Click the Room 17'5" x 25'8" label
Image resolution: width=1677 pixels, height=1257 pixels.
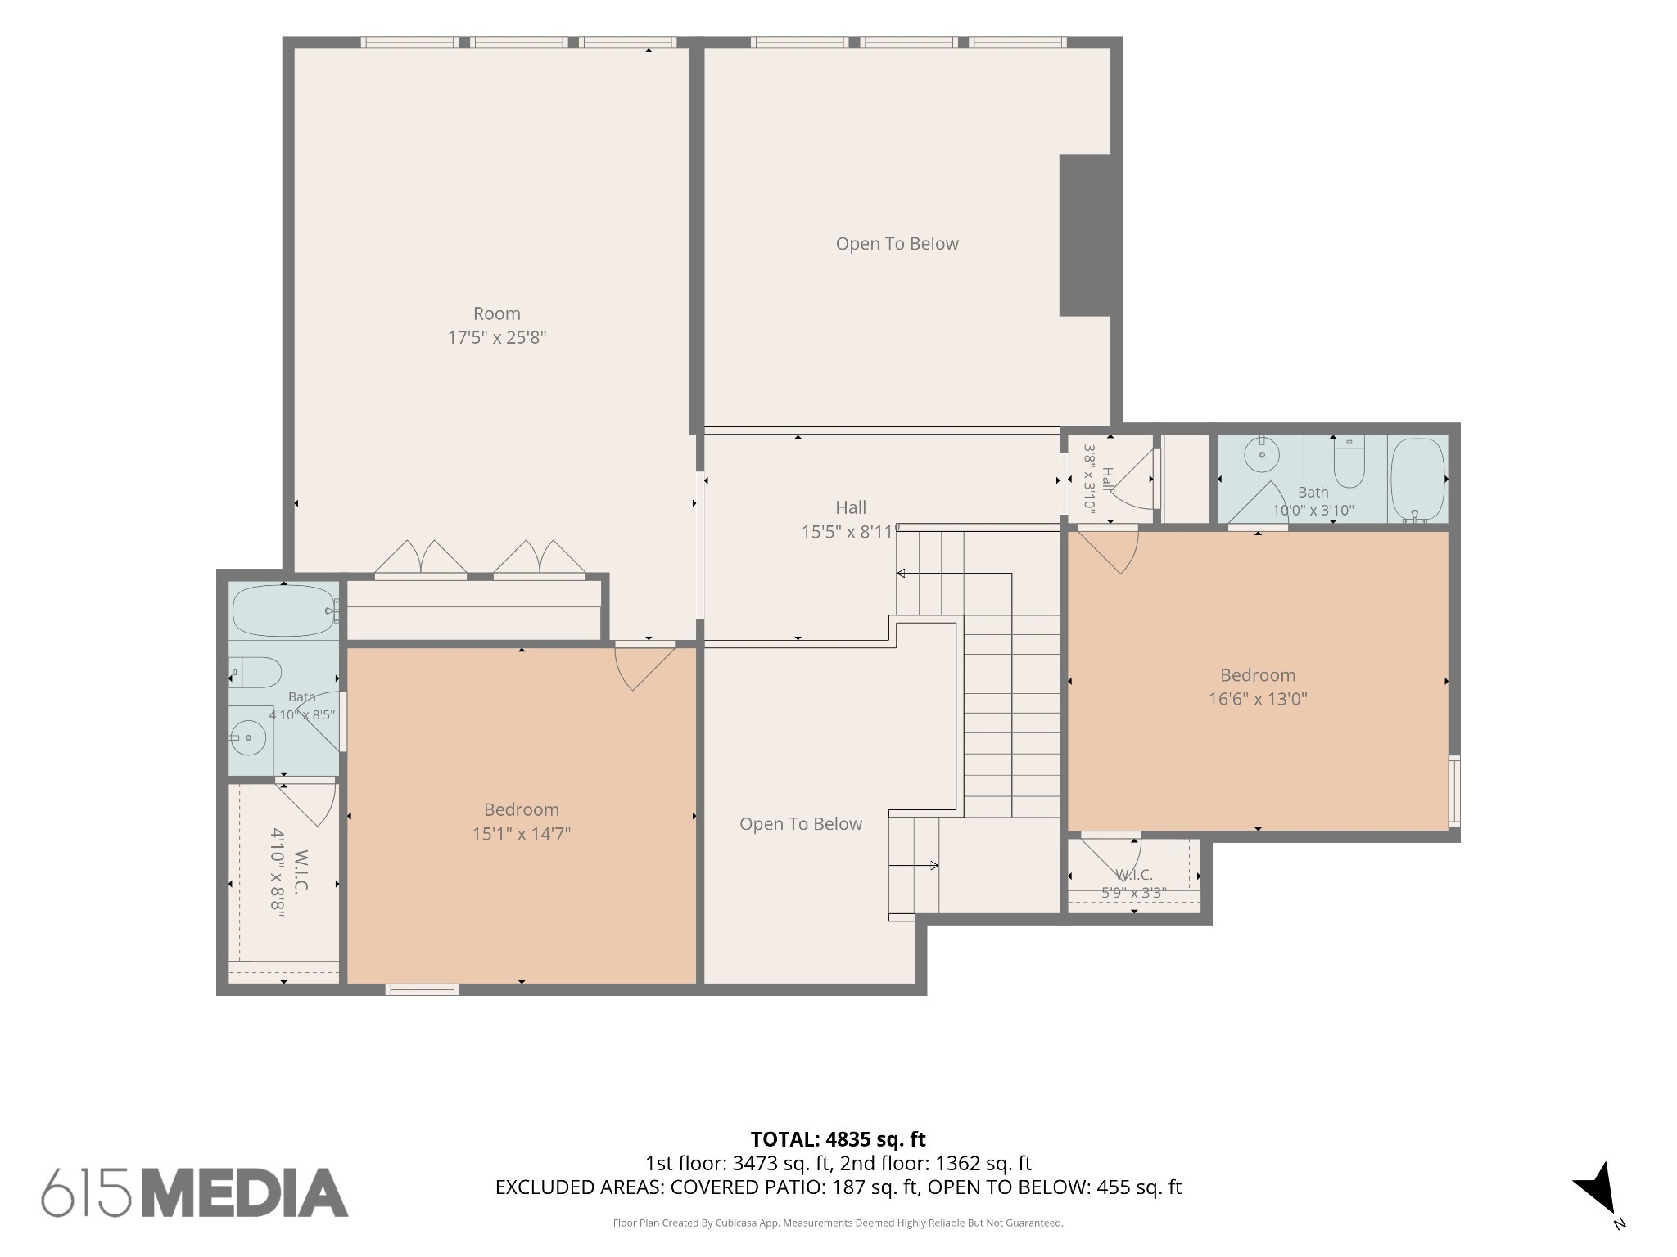pos(497,325)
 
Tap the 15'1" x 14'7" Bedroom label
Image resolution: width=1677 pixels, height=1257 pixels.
pos(522,822)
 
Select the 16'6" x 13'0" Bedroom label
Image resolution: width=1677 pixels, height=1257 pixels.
pos(1258,687)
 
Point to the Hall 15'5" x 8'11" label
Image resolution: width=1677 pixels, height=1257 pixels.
pos(850,520)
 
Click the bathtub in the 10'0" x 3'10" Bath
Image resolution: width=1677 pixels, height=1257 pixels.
pos(1417,480)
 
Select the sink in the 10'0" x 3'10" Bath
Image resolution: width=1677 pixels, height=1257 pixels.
pos(1262,455)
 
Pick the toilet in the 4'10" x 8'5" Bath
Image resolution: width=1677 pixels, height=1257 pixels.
pos(255,672)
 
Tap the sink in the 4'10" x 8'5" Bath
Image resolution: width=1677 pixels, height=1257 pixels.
pos(248,738)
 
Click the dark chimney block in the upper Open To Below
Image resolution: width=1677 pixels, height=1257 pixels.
pos(1085,235)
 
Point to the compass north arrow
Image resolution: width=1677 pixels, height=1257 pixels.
pos(1595,1188)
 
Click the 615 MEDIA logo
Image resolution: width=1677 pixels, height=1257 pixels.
pos(195,1192)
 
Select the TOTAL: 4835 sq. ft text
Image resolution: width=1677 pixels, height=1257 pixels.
pos(838,1138)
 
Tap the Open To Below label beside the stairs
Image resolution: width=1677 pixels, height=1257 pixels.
pos(801,824)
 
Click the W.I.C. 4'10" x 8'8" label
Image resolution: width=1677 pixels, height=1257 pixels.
pos(290,873)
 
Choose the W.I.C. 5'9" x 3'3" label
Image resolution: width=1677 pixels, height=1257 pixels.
pos(1134,884)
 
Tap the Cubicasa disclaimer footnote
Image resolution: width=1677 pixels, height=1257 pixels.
pos(838,1223)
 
